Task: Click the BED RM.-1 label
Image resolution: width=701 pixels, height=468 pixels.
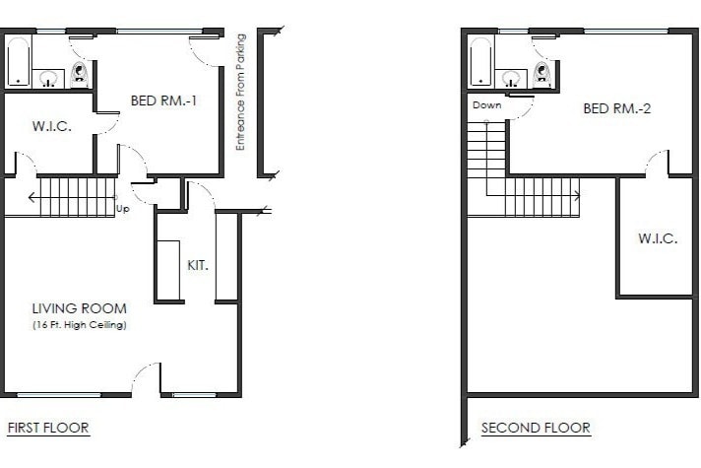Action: click(x=171, y=100)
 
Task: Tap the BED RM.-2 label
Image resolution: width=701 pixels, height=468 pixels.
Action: click(x=617, y=108)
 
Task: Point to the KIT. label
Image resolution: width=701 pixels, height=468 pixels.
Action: click(x=197, y=265)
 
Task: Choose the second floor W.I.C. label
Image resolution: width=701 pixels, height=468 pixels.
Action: click(x=657, y=239)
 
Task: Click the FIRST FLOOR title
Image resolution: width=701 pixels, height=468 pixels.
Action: click(x=48, y=428)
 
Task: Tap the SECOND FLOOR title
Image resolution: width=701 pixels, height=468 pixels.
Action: click(x=536, y=428)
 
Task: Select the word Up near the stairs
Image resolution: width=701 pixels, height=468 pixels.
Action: click(x=123, y=209)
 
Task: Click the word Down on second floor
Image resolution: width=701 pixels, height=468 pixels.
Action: click(x=486, y=105)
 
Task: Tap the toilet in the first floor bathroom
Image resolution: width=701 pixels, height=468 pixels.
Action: click(x=80, y=74)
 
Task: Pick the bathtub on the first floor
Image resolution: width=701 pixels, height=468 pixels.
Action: click(x=18, y=61)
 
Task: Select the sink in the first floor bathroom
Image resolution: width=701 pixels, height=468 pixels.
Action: click(x=48, y=78)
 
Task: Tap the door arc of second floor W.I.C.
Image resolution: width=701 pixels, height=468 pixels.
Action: click(x=656, y=163)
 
